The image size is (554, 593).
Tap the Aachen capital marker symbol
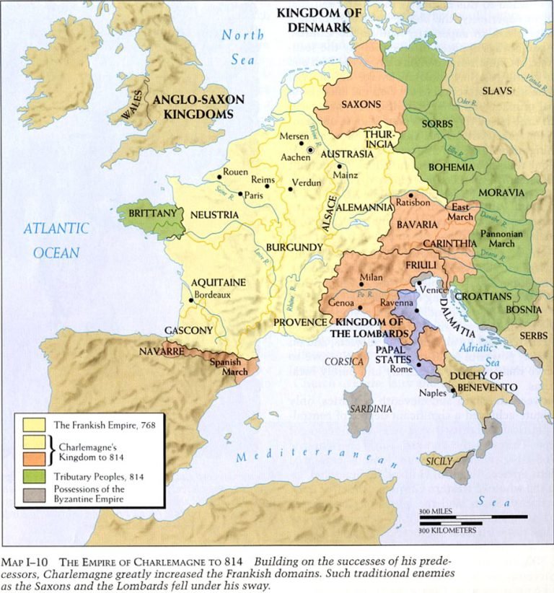pos(310,149)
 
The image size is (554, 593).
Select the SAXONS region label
pos(361,104)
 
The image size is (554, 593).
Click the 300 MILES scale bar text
pos(436,511)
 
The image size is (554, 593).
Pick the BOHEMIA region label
pos(450,167)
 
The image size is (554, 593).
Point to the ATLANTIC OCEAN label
pos(56,240)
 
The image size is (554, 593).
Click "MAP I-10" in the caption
pos(27,561)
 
